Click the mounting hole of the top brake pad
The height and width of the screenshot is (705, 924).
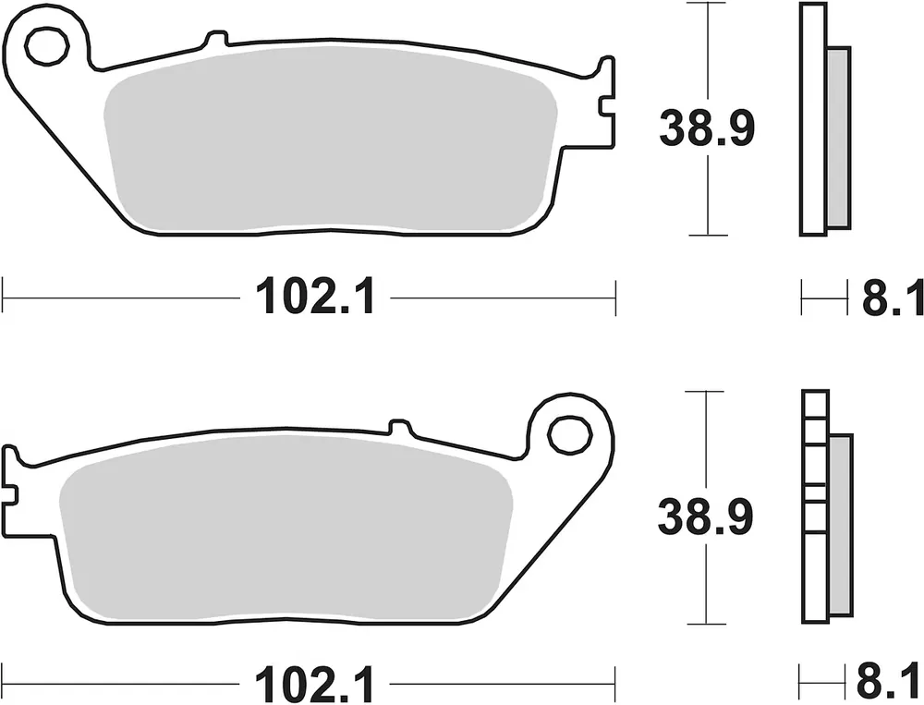point(46,46)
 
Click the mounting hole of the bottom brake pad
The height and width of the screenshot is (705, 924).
point(569,435)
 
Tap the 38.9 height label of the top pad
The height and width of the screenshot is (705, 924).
point(707,128)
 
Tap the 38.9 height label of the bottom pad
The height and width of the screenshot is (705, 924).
point(705,517)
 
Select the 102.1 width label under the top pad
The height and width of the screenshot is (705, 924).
point(315,298)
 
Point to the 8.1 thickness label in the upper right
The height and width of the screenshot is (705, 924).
point(893,298)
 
